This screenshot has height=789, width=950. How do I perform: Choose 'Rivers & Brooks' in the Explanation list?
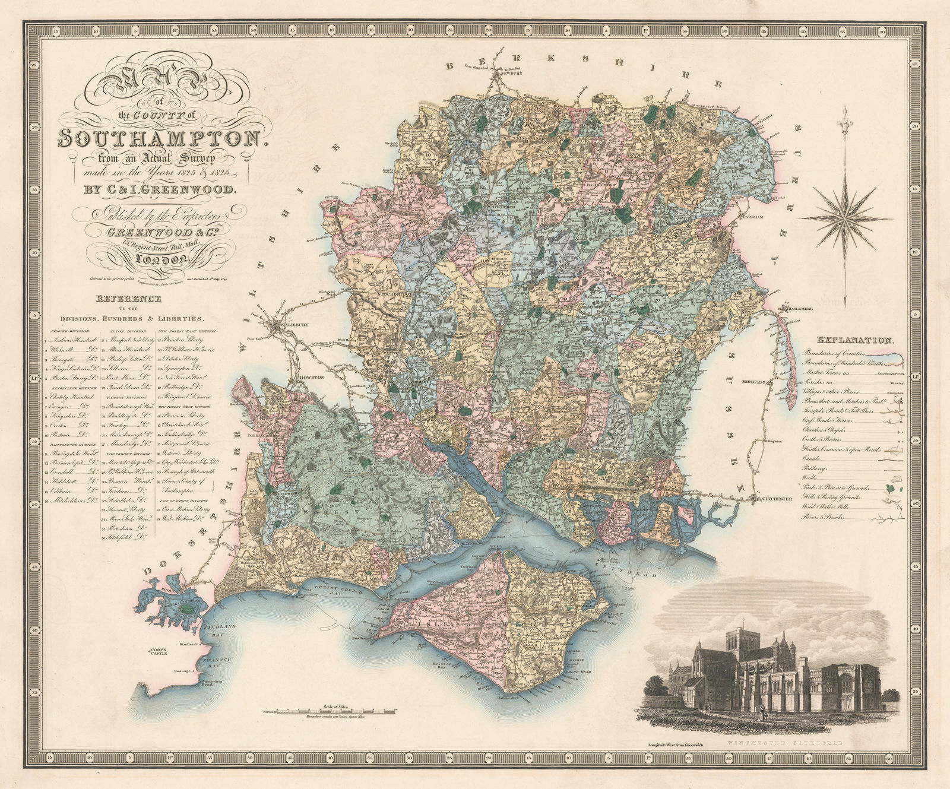pos(822,517)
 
